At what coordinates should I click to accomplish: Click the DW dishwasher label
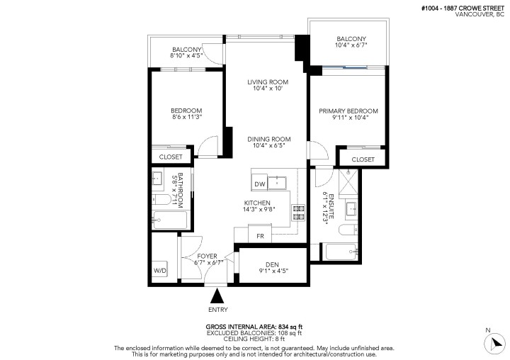point(260,184)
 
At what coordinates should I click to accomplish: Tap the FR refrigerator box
point(261,235)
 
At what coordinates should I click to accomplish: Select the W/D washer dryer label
point(161,270)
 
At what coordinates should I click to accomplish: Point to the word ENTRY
point(218,310)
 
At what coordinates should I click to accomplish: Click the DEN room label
point(272,264)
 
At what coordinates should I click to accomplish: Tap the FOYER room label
point(208,256)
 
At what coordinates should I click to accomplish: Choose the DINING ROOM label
point(267,139)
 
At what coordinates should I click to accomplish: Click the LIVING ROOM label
point(268,82)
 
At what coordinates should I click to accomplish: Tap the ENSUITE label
point(328,203)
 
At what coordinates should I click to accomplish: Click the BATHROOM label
point(180,188)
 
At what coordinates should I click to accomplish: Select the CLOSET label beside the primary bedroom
point(363,159)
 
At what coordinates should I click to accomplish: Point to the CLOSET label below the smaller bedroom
point(171,157)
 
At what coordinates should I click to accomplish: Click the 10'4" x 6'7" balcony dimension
point(351,45)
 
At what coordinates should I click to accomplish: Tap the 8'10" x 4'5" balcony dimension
point(186,55)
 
